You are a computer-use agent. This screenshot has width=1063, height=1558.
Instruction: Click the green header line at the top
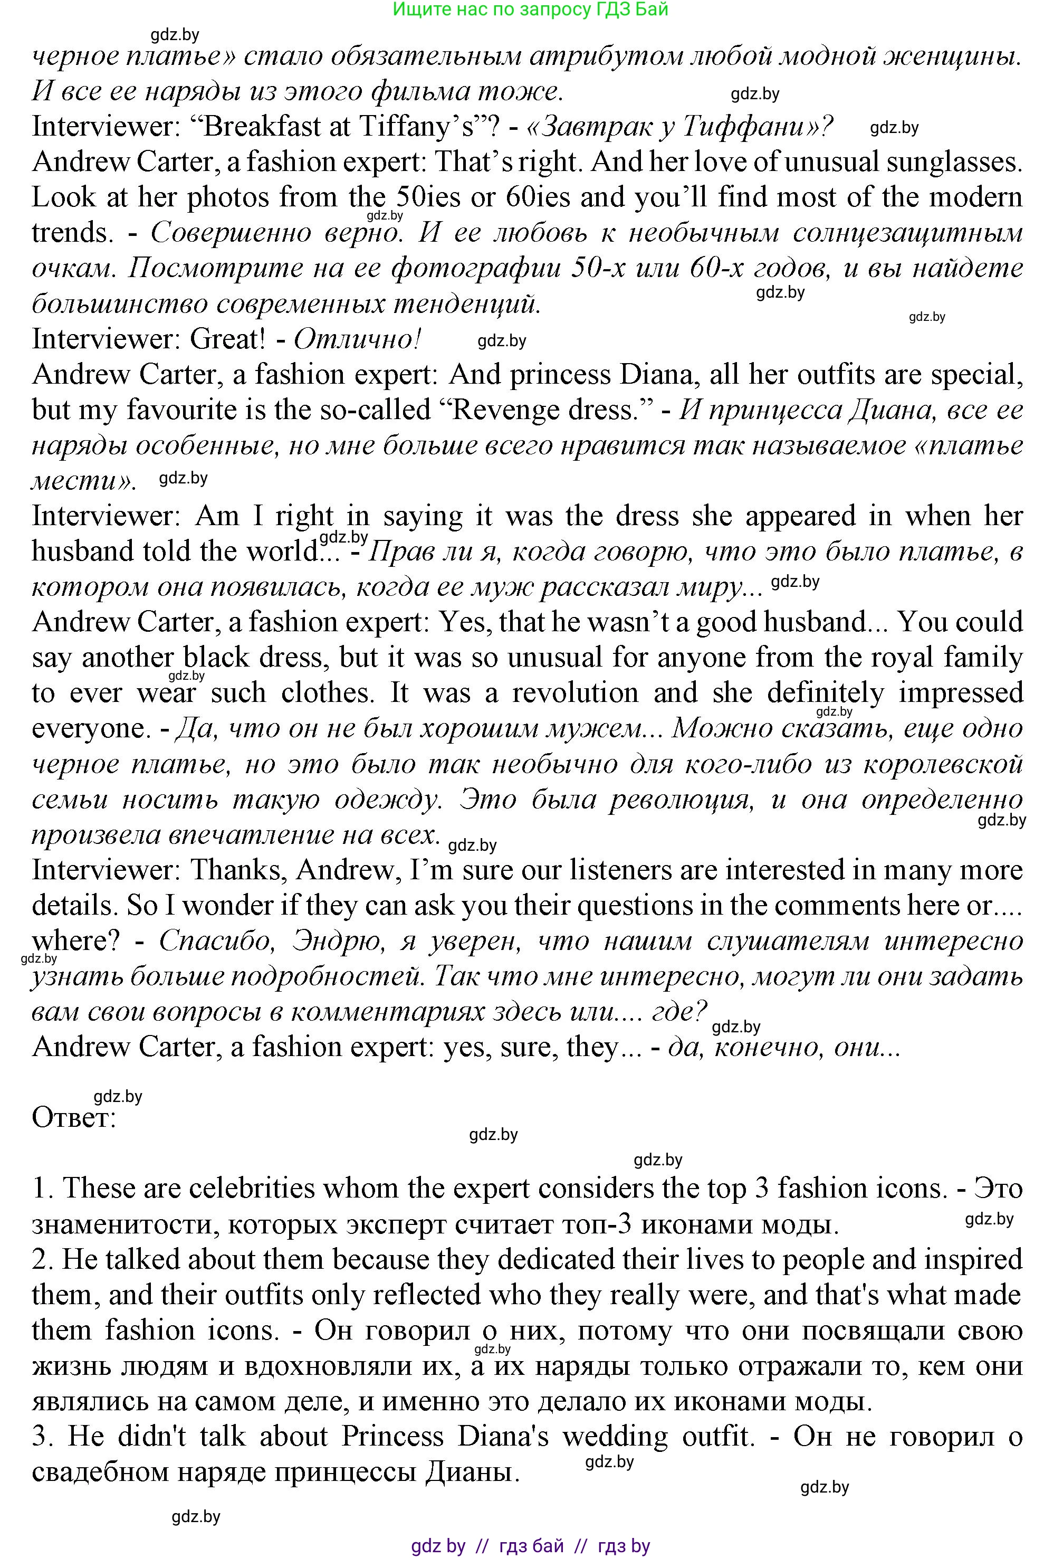[530, 9]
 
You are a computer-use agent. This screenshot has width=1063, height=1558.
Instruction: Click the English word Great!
[228, 339]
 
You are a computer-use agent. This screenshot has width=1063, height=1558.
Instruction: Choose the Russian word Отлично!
[357, 339]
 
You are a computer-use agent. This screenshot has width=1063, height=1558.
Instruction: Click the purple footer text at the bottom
[530, 1546]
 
